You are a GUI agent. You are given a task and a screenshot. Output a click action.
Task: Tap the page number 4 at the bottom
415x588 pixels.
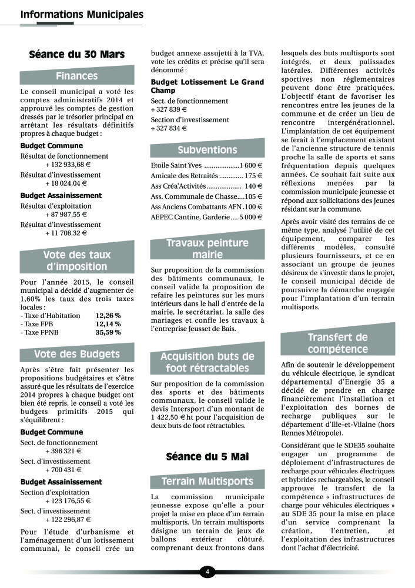207,571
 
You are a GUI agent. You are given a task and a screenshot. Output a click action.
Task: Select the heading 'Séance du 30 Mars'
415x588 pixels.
76,55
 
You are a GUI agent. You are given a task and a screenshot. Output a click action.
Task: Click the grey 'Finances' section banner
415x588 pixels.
76,76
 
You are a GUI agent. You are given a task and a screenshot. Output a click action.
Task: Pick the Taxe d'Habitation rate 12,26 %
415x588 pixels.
108,315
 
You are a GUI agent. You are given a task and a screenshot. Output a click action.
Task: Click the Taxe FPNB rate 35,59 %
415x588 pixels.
108,332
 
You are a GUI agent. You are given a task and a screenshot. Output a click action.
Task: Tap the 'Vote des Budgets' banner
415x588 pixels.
76,354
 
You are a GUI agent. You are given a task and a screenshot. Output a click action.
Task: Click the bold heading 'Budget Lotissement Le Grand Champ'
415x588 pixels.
199,86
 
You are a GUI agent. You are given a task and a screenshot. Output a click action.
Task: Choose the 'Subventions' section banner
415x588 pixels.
207,150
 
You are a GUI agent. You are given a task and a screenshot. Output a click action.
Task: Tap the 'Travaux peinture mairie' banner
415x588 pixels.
207,248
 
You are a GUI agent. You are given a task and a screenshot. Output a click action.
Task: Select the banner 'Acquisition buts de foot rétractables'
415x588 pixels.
207,362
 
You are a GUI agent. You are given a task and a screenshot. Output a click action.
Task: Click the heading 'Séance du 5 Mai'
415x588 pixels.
207,456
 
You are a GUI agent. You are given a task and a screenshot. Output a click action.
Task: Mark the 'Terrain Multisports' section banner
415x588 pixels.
207,482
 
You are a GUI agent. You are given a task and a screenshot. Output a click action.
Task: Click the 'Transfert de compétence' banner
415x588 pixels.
337,343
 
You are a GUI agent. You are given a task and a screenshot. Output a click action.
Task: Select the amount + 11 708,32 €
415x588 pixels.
66,233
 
